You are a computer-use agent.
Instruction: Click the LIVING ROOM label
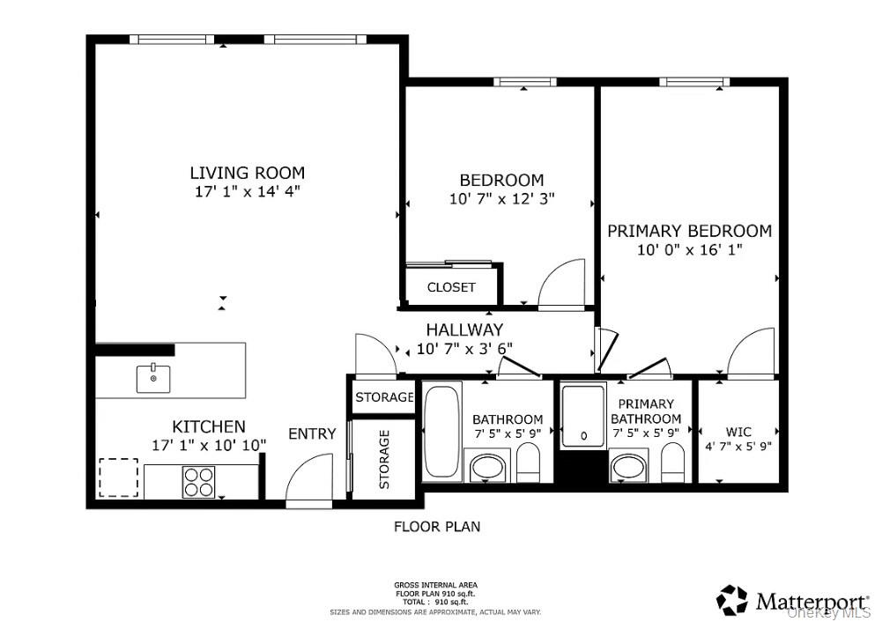tap(248, 173)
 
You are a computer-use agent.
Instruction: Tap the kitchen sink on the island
tap(154, 378)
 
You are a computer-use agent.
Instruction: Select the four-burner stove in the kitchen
tap(198, 482)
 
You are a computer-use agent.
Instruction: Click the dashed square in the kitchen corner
tap(118, 478)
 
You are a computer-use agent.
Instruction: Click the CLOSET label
tap(451, 287)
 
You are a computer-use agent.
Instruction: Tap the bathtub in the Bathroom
tap(442, 431)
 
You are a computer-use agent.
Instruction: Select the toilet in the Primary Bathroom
tap(672, 463)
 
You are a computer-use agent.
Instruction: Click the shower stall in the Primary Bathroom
tap(583, 416)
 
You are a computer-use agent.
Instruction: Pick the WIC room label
tap(738, 432)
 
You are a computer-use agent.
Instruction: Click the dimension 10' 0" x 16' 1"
tap(690, 249)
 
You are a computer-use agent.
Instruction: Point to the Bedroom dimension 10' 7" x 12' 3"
tap(501, 198)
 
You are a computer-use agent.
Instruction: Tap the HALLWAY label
tap(465, 330)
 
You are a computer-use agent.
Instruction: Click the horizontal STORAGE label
tap(384, 397)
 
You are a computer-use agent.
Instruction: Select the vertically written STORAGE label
tap(384, 459)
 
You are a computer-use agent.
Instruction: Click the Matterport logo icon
tap(731, 601)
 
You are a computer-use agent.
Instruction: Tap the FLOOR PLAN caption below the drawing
tap(437, 526)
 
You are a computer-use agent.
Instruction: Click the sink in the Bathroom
tap(486, 465)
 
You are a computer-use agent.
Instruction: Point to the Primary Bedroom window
tap(694, 82)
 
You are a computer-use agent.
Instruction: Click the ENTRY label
tap(312, 433)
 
